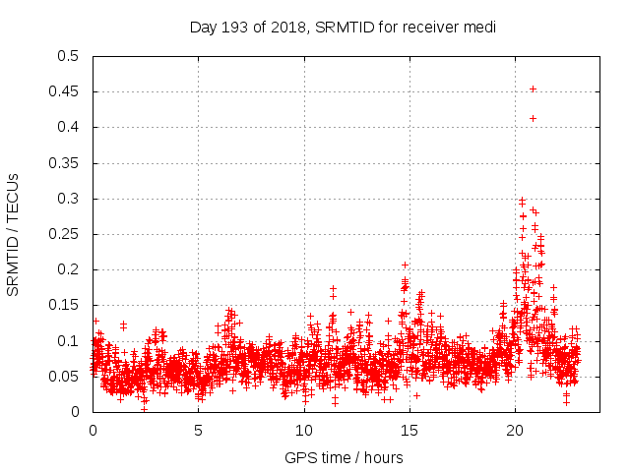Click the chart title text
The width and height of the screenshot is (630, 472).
coord(342,27)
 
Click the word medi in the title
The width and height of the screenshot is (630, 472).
coord(478,27)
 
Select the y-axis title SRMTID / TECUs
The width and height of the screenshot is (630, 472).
coord(14,234)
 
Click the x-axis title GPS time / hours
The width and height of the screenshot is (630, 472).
coord(343,457)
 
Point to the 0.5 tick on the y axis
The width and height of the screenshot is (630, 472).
coord(68,56)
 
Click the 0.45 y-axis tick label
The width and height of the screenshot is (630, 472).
coord(64,92)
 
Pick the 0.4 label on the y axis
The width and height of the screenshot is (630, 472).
coord(68,128)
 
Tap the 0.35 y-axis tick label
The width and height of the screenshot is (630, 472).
coord(64,163)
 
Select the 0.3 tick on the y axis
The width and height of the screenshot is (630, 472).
coord(68,199)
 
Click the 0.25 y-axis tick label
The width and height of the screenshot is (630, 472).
coord(64,234)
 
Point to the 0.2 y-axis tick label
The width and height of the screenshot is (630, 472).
coord(68,269)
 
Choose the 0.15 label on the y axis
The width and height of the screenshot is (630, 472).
coord(64,306)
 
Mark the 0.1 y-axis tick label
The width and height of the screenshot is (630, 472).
coord(68,341)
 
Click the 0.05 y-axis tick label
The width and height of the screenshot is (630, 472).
coord(64,377)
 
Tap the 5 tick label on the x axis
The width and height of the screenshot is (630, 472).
coord(199,431)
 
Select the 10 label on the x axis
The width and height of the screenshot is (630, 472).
coord(304,431)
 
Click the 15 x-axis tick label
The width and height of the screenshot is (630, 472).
coord(410,431)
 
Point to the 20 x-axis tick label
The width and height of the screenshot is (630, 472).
coord(516,431)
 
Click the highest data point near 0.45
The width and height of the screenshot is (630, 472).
coord(533,88)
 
